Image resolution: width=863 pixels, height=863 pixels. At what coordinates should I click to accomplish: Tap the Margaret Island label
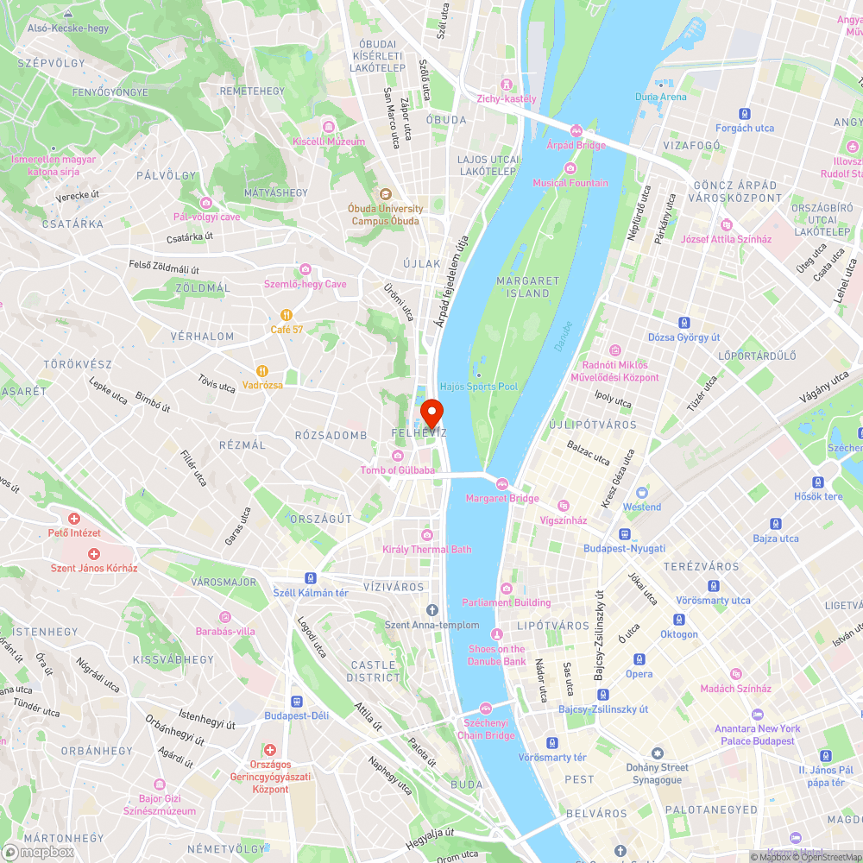tap(528, 287)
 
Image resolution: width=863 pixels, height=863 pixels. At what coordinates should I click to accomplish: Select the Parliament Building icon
tap(507, 588)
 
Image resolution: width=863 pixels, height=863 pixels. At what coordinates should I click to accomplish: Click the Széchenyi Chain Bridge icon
tap(486, 709)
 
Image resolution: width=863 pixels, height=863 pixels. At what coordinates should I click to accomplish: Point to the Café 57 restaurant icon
tap(287, 315)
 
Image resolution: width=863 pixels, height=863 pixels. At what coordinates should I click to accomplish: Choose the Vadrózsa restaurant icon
tap(263, 370)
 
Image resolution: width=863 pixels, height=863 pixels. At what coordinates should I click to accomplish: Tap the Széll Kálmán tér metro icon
tap(310, 578)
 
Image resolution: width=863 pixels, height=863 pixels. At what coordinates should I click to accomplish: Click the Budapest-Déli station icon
tap(297, 702)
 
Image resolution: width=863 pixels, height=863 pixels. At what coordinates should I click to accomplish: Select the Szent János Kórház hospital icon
tap(94, 553)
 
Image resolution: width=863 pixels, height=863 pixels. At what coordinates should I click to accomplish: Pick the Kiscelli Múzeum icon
tap(328, 127)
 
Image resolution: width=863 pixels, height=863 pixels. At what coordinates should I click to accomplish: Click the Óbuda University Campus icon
tap(385, 194)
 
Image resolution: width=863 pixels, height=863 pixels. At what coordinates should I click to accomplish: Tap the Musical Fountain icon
tap(570, 168)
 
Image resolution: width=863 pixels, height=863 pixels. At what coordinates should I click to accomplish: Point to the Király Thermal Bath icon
tap(426, 535)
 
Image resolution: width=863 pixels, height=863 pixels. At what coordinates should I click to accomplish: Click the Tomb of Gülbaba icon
tap(397, 456)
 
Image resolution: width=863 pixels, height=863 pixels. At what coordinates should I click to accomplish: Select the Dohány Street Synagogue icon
tap(658, 753)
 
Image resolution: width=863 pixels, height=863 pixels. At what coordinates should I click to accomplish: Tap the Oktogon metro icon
tap(678, 620)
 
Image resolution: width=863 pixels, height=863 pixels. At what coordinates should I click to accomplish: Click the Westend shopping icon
tap(641, 493)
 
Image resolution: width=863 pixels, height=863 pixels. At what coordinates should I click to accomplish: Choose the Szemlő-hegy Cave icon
tap(305, 270)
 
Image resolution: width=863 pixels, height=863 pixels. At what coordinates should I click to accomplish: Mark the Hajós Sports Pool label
tap(479, 387)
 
